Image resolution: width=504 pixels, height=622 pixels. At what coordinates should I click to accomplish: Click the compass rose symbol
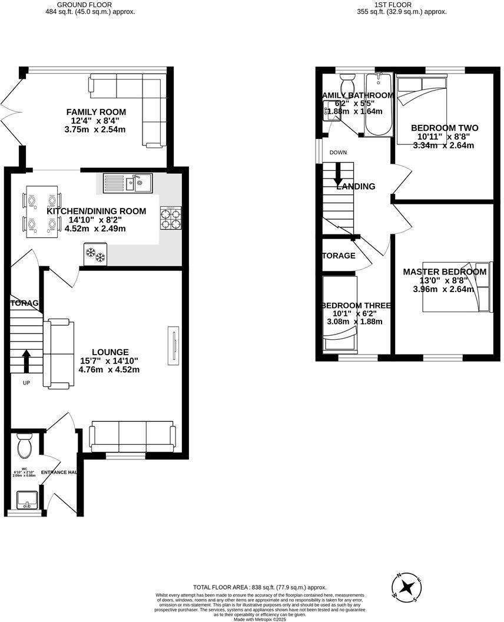coord(407,586)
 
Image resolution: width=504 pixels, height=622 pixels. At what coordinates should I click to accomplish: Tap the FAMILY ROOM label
coord(96,112)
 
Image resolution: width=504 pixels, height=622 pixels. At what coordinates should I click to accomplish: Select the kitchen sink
coord(128,183)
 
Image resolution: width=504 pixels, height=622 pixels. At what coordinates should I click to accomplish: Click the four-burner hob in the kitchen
coord(170,218)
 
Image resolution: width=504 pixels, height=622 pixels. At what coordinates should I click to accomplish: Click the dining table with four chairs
coord(42,212)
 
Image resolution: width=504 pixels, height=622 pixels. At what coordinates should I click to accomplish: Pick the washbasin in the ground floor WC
coord(26,499)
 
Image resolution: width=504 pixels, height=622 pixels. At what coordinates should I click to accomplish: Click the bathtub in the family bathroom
coord(377,106)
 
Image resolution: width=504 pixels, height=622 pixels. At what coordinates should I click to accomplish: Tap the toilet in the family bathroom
coord(347,80)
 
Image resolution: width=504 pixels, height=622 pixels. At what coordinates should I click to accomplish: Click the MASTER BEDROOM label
coord(445,272)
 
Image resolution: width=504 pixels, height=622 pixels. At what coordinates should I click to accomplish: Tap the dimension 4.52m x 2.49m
coord(96,229)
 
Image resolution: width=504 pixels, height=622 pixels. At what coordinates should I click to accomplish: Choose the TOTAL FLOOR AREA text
coord(260,587)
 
